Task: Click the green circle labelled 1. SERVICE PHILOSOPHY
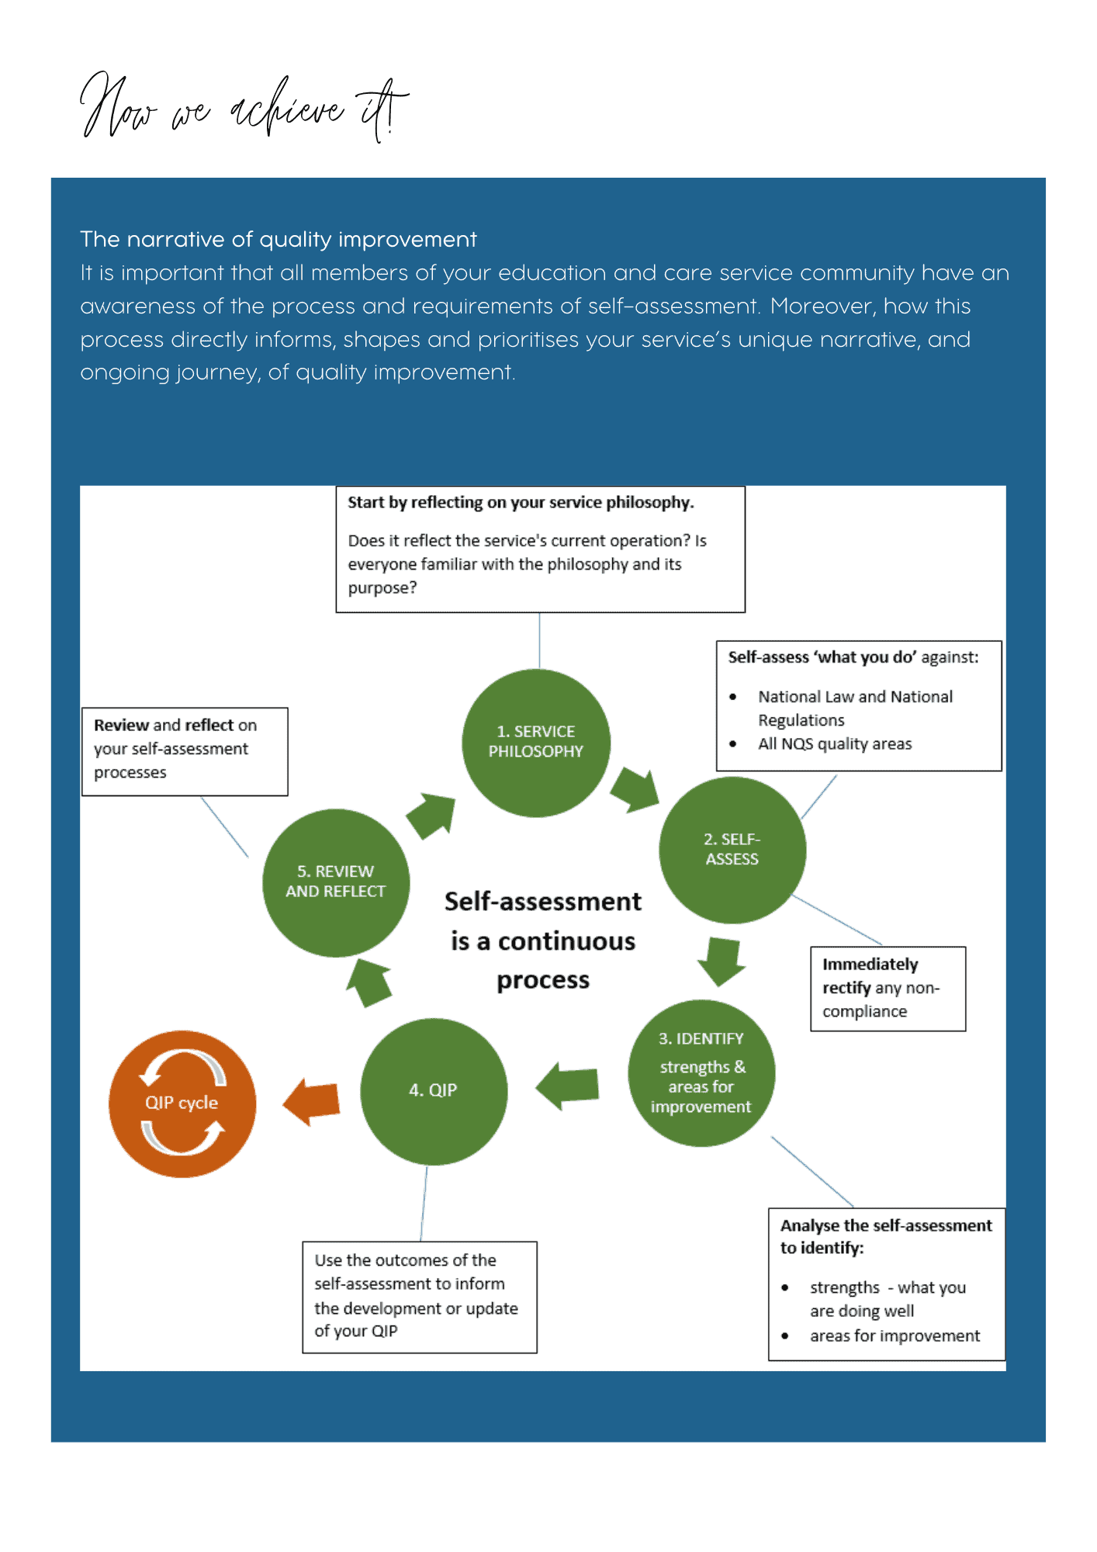[x=536, y=743]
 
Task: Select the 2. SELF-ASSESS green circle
[x=732, y=850]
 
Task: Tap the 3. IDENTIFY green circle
[x=701, y=1073]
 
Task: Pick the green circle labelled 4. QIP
[x=434, y=1091]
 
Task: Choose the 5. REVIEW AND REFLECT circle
[x=336, y=882]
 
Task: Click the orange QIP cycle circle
[x=182, y=1103]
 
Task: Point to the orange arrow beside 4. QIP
[x=312, y=1101]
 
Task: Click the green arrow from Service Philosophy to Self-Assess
[x=635, y=789]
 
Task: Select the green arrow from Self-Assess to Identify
[x=722, y=960]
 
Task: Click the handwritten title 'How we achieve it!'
[x=244, y=109]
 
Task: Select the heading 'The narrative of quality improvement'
[x=278, y=239]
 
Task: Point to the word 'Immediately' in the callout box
[x=870, y=964]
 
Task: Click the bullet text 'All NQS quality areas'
[x=835, y=743]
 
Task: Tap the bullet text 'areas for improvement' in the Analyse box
[x=895, y=1335]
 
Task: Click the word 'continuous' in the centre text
[x=566, y=941]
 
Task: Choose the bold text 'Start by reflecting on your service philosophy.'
[x=521, y=502]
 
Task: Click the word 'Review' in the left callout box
[x=121, y=725]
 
